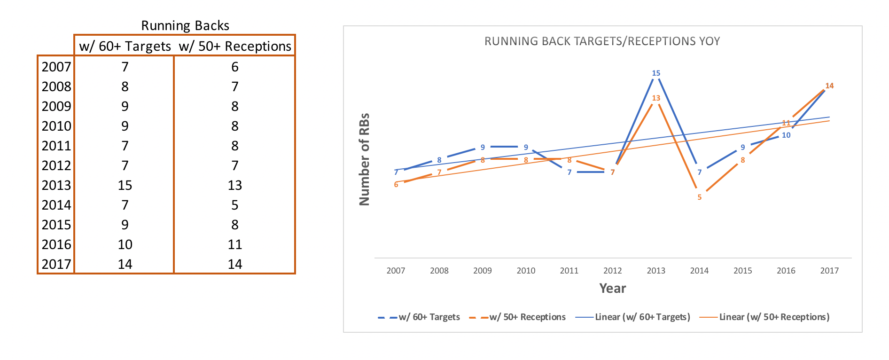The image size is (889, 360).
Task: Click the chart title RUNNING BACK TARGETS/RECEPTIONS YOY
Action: [x=602, y=41]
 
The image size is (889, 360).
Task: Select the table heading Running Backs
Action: [x=185, y=25]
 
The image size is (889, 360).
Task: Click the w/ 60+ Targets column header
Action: [x=125, y=46]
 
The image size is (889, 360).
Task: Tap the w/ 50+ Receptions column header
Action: [x=235, y=46]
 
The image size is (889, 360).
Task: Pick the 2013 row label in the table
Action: [x=56, y=185]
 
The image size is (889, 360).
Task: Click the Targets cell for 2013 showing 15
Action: [x=125, y=185]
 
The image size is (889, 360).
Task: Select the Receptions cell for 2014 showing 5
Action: [x=235, y=205]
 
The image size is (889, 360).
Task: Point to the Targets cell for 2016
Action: [x=125, y=244]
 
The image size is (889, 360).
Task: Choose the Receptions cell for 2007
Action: [x=235, y=67]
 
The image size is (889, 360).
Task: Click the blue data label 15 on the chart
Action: [x=656, y=73]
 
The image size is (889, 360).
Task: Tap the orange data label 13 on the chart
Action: [x=656, y=98]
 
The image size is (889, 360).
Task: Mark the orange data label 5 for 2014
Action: [x=699, y=197]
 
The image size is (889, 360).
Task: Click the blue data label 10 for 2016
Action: [x=786, y=135]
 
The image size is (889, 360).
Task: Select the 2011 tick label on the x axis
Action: [x=569, y=271]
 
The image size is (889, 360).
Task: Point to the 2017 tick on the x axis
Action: [x=829, y=271]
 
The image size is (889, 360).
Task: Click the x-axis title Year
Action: [x=612, y=288]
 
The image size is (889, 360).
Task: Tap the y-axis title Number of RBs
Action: [x=365, y=159]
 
